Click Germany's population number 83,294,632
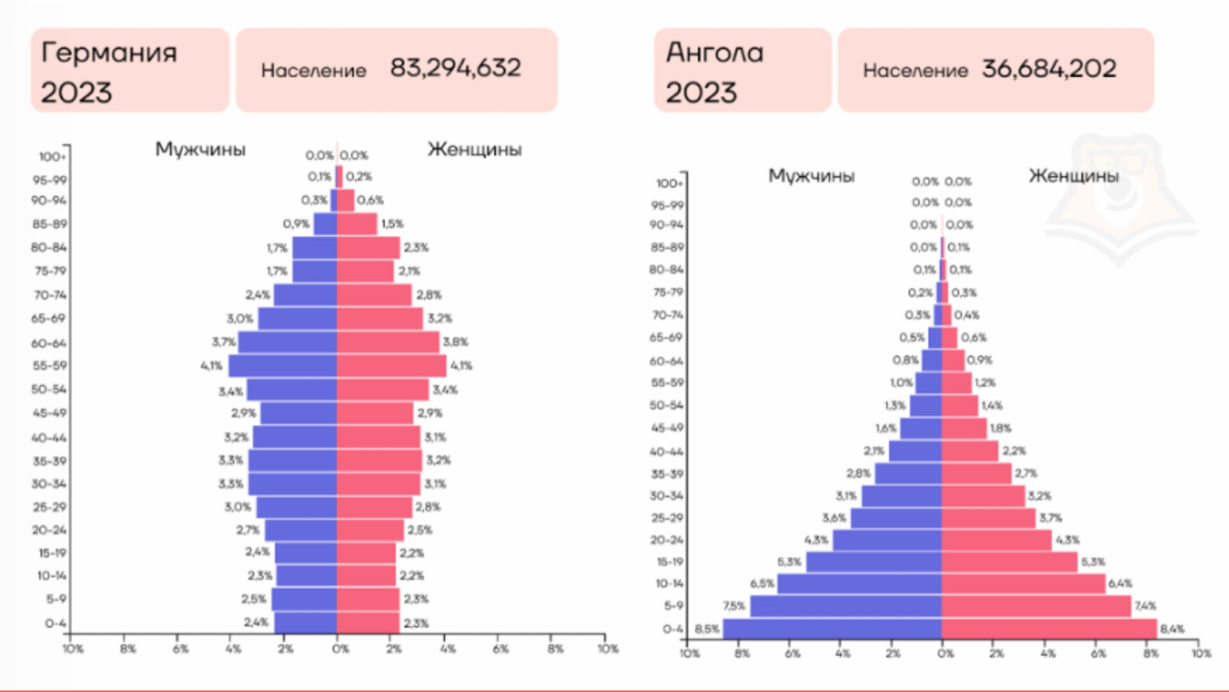click(455, 68)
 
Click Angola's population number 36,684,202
click(1049, 69)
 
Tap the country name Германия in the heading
click(109, 53)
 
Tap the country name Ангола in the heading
click(714, 53)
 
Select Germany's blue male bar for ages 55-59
click(282, 366)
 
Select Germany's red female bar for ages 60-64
click(388, 343)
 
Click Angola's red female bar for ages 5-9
click(1036, 606)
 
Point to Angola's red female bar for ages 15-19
click(1009, 562)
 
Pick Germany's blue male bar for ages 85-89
click(325, 224)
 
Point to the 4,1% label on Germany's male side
click(212, 366)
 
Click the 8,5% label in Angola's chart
click(706, 630)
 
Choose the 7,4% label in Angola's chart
click(1145, 606)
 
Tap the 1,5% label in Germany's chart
click(392, 224)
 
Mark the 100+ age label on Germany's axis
click(51, 157)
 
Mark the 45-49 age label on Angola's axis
click(667, 428)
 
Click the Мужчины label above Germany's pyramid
click(200, 150)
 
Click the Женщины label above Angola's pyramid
click(1073, 175)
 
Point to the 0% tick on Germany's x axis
click(340, 649)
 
